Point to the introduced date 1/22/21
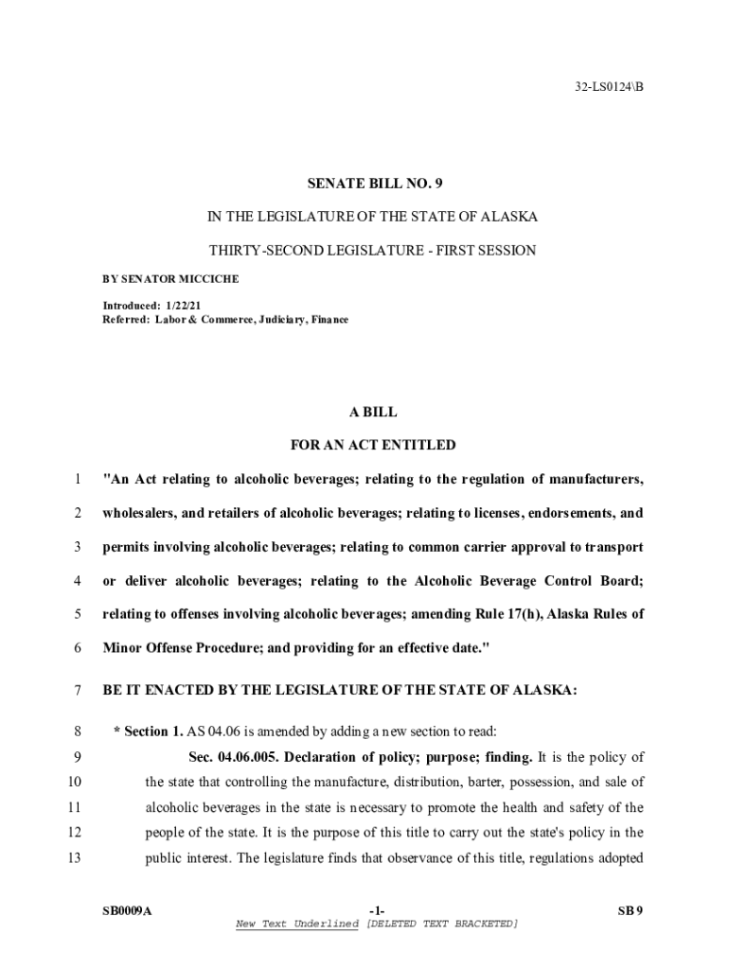183,306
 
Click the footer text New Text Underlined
297,924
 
